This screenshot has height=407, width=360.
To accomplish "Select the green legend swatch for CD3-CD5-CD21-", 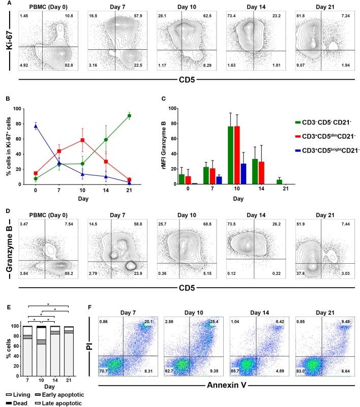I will [x=283, y=121].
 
